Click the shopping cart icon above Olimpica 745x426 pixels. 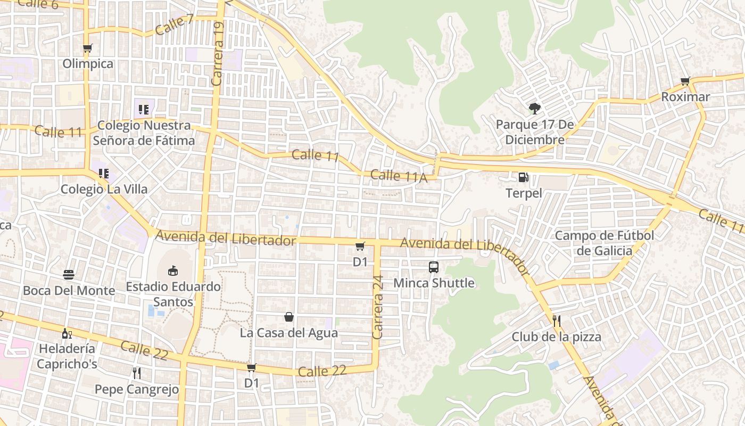(88, 48)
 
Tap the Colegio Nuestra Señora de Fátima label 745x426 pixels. (144, 133)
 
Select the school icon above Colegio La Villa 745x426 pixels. (103, 173)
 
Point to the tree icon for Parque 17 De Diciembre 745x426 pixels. (534, 109)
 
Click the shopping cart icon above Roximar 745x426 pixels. (685, 81)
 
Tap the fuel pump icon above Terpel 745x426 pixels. (524, 177)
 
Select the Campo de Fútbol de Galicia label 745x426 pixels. (605, 243)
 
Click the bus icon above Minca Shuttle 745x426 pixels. (434, 267)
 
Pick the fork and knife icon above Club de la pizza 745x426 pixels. (557, 321)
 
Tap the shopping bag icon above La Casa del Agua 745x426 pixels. (289, 317)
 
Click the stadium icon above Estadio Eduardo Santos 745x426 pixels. (173, 271)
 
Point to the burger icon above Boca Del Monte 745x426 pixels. (69, 275)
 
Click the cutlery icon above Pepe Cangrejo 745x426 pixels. (137, 373)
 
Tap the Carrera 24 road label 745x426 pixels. (378, 307)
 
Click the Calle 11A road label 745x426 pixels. (399, 176)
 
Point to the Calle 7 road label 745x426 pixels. (175, 24)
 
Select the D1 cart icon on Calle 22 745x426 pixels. (252, 367)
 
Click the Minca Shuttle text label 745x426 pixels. (434, 283)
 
